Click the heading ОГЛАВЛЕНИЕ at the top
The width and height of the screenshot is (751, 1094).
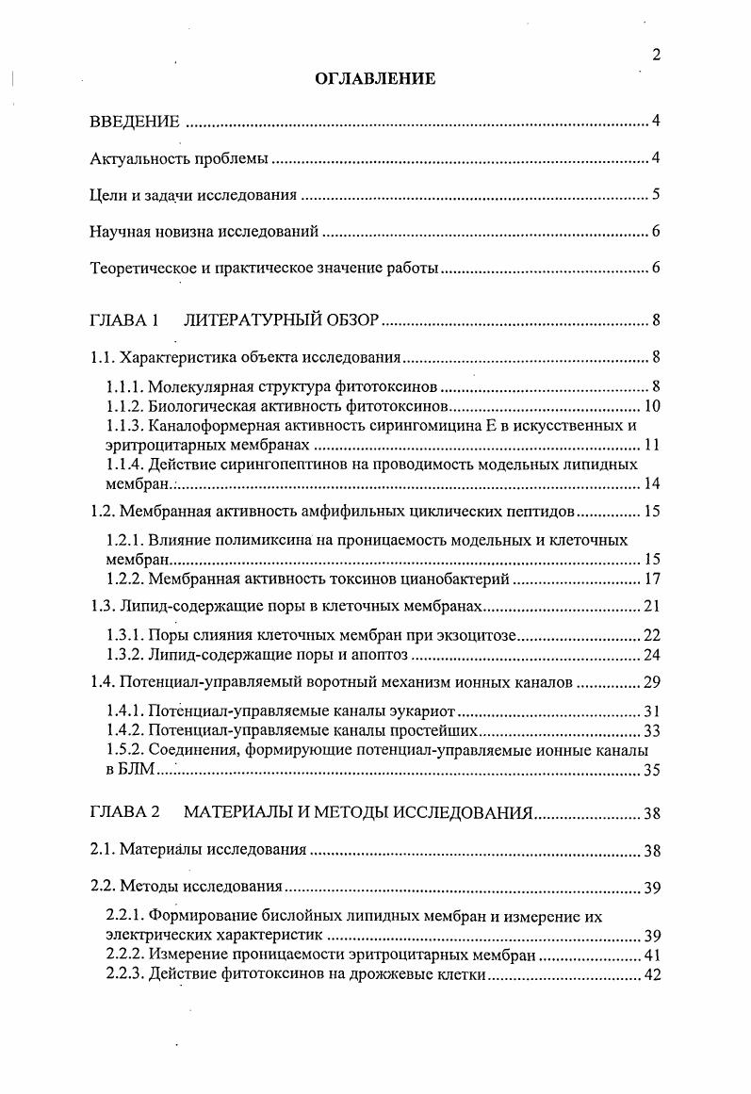[375, 79]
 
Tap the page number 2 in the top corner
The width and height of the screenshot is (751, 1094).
[656, 55]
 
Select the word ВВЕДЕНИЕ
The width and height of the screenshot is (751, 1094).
[134, 122]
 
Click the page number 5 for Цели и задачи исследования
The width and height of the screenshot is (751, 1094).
[655, 196]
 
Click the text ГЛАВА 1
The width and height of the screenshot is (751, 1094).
[123, 320]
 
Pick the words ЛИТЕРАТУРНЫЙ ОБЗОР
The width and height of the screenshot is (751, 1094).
[282, 320]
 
